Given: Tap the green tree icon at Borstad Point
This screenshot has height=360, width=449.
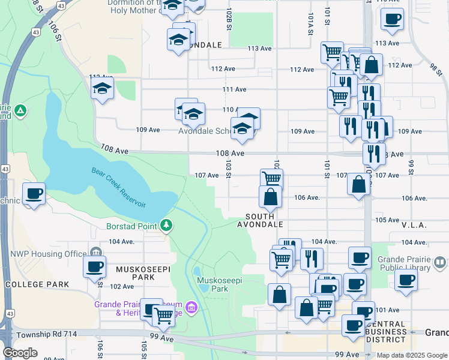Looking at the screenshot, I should (x=166, y=226).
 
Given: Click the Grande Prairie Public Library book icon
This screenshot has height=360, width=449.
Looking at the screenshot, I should (x=440, y=262).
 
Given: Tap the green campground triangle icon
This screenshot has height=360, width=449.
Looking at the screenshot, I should (x=20, y=110).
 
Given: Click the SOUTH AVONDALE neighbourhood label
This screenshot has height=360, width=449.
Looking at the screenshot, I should (x=260, y=220).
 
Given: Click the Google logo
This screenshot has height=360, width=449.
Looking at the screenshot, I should (x=20, y=353).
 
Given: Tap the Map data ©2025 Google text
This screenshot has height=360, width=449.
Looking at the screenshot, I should (x=411, y=355).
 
